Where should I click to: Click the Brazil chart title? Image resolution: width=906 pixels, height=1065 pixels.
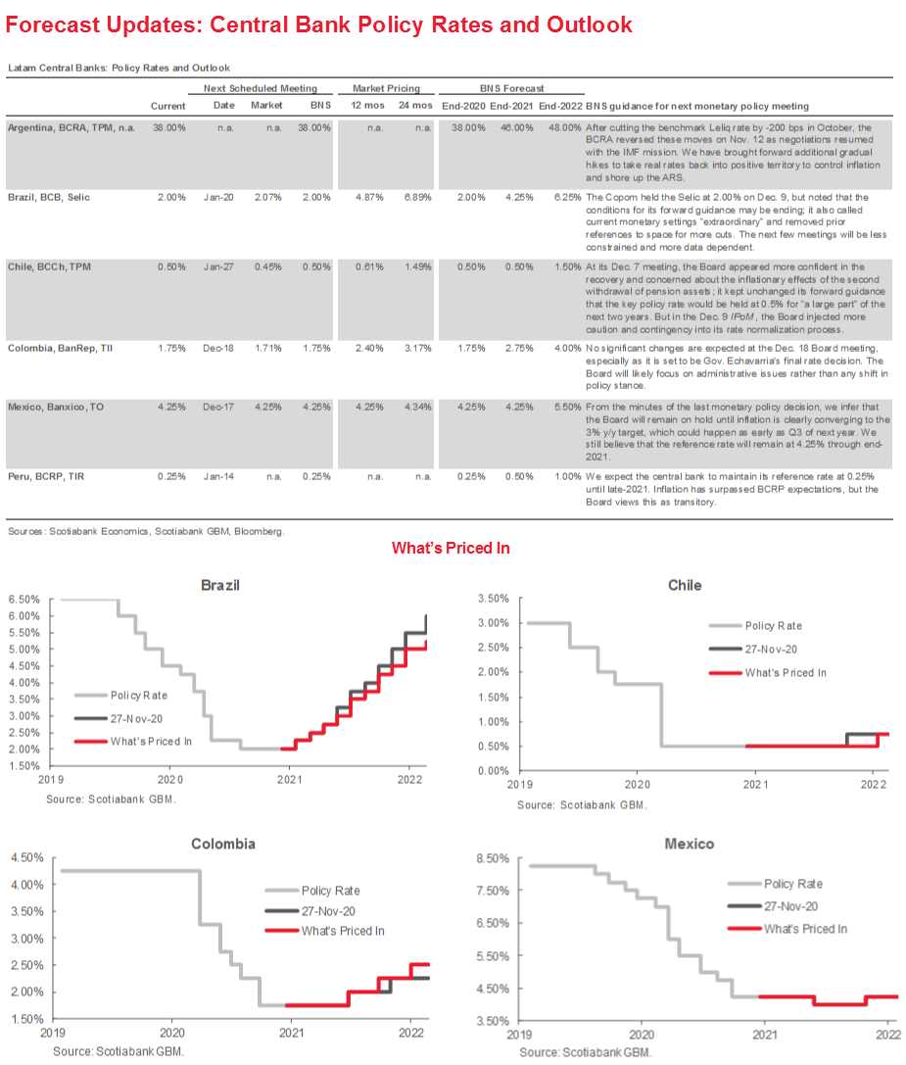click(220, 585)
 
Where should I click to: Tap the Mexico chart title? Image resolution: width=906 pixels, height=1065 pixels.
click(689, 843)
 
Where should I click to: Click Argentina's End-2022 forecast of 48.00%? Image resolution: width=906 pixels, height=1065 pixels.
click(562, 127)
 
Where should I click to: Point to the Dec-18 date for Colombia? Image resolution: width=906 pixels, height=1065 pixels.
click(225, 347)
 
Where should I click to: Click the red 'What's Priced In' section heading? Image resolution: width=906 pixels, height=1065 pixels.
click(451, 549)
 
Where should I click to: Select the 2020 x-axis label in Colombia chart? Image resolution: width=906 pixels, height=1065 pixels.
click(171, 1033)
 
